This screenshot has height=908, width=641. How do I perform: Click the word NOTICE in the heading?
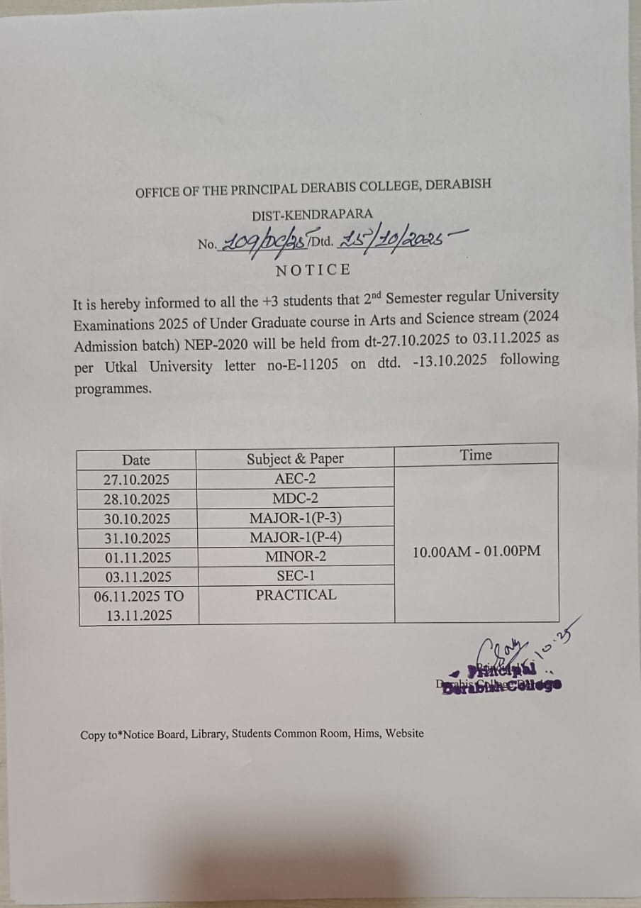point(313,270)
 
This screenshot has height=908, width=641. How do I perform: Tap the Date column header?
point(136,460)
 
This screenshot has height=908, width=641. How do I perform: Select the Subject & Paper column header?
point(295,458)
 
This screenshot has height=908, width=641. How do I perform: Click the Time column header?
point(476,455)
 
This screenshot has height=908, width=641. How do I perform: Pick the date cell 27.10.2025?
point(136,480)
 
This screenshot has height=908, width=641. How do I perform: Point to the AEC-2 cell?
point(295,479)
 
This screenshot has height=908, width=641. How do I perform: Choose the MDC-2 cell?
point(295,498)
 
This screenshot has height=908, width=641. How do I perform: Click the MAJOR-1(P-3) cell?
point(296,518)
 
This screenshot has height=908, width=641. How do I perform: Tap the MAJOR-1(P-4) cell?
point(296,537)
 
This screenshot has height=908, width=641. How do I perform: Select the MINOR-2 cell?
point(296,557)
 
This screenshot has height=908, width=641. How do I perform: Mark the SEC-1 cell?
point(296,576)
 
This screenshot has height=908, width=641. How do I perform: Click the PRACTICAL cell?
point(296,595)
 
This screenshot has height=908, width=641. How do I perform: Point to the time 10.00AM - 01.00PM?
point(476,551)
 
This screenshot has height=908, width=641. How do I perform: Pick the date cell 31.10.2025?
point(136,538)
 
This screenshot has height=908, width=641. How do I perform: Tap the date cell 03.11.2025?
point(136,577)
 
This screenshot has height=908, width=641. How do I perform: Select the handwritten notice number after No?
point(264,243)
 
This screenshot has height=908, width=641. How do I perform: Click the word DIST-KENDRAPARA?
point(312,214)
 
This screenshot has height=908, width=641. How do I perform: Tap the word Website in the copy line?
point(405,733)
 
